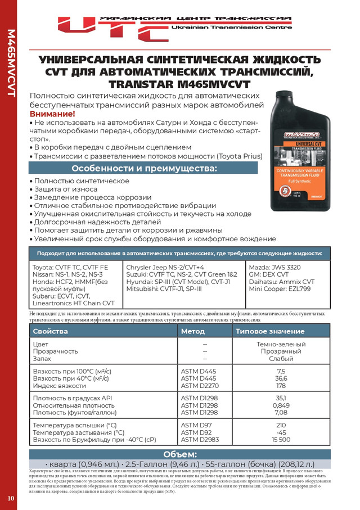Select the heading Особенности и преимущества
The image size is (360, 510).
click(143, 169)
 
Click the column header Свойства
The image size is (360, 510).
click(50, 331)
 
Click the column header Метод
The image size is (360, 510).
click(193, 331)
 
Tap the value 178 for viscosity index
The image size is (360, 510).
click(281, 386)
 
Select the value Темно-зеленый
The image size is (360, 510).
click(281, 344)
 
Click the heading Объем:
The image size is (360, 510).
click(179, 454)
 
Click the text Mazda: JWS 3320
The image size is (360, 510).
click(276, 267)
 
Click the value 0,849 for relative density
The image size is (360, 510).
click(281, 405)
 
